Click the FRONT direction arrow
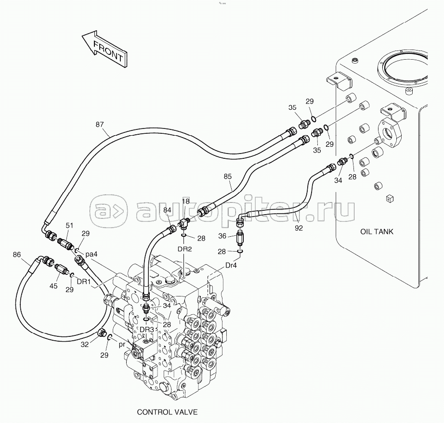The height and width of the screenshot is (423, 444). (x=104, y=50)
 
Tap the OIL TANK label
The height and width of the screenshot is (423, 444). (x=377, y=231)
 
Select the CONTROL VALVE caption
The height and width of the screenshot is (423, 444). (x=167, y=412)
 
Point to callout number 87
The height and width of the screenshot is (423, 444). (x=99, y=125)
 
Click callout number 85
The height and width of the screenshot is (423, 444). (x=227, y=176)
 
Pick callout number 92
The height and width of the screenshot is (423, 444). (x=299, y=228)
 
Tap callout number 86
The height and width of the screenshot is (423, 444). (x=17, y=255)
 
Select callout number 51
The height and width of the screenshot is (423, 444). (x=69, y=226)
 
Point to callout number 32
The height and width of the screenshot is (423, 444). (x=85, y=345)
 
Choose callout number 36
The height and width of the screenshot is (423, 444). (x=222, y=236)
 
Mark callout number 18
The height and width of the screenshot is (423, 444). (x=186, y=202)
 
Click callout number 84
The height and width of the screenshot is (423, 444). (x=168, y=210)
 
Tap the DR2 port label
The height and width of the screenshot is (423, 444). (x=184, y=249)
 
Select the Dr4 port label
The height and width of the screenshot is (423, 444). (x=231, y=266)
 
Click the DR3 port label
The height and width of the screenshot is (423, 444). (x=147, y=330)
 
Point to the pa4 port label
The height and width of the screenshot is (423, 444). (x=91, y=255)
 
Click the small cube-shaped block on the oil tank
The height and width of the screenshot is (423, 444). (x=390, y=199)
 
